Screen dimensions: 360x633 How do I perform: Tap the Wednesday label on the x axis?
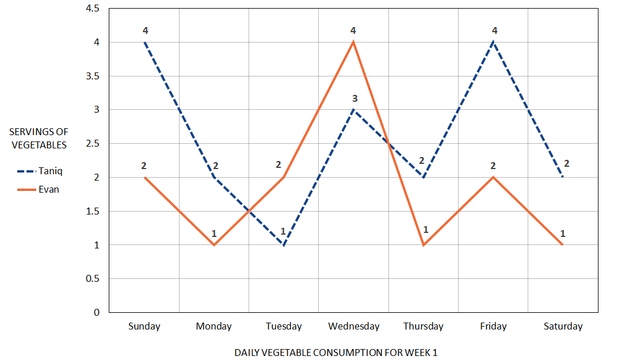[x=353, y=327]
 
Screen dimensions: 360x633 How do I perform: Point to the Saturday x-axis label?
[x=563, y=327]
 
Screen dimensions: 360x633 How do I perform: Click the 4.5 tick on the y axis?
[x=91, y=9]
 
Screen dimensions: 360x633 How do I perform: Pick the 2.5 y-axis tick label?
[x=91, y=144]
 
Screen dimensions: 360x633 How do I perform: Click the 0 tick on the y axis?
[x=96, y=312]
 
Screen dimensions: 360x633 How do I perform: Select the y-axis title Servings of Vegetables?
[x=39, y=139]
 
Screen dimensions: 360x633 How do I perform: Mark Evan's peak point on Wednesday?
[x=353, y=42]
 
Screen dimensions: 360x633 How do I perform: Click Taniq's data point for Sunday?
[x=144, y=42]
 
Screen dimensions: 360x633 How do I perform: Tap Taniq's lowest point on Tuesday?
[x=284, y=245]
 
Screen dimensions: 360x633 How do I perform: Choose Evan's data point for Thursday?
[x=424, y=245]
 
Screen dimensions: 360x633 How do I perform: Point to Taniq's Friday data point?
[x=493, y=42]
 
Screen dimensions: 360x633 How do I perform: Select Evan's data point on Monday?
[x=214, y=245]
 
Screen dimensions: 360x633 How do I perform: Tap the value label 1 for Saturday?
[x=562, y=233]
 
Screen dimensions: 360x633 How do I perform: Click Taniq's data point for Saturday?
[x=563, y=177]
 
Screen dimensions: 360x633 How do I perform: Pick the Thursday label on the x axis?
[x=424, y=327]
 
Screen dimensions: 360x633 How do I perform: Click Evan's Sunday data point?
[x=144, y=177]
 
